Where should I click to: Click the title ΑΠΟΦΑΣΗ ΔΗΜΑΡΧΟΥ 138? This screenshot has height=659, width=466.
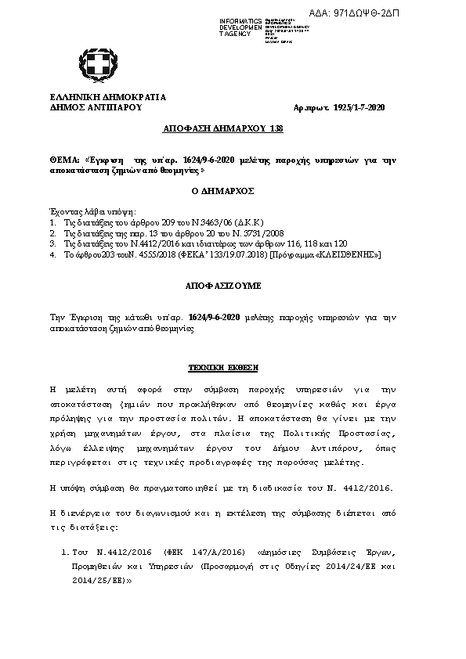point(222,128)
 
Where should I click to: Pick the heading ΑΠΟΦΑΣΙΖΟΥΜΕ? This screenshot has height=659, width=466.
point(222,286)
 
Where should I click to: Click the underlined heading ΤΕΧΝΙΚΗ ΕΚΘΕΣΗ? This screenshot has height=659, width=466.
point(222,366)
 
